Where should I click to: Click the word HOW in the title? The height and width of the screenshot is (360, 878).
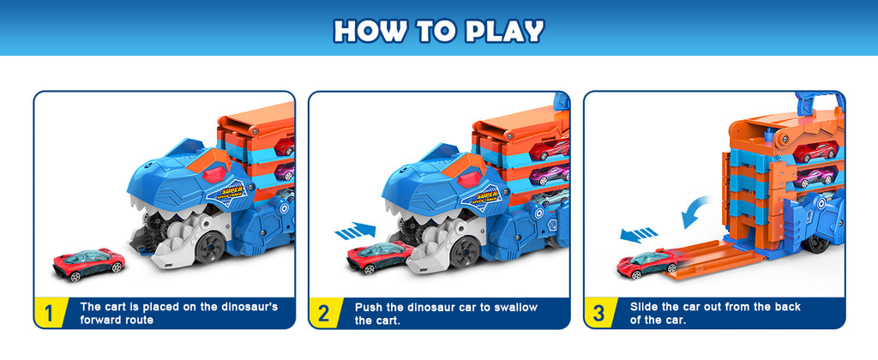(x=365, y=31)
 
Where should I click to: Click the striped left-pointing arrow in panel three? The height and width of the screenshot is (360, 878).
(x=638, y=233)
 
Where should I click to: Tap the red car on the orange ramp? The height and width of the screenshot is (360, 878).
(x=648, y=265)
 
